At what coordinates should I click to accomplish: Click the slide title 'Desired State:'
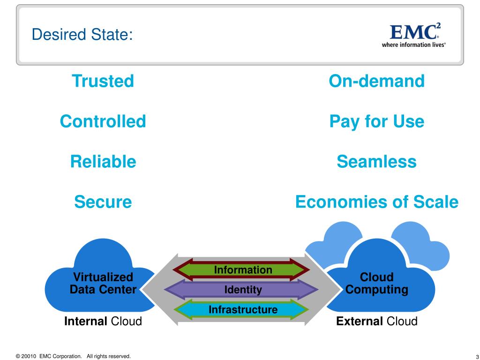pyautogui.click(x=82, y=34)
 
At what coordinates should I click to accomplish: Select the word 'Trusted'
pyautogui.click(x=103, y=81)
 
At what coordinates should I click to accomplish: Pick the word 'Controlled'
pyautogui.click(x=103, y=121)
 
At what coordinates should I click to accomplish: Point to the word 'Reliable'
pyautogui.click(x=103, y=162)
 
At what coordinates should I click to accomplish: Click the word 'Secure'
pyautogui.click(x=103, y=202)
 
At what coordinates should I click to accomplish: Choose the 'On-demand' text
pyautogui.click(x=376, y=81)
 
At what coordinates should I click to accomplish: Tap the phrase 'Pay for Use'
pyautogui.click(x=376, y=121)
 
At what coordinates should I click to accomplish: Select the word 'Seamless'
pyautogui.click(x=376, y=162)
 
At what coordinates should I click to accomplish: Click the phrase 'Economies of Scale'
pyautogui.click(x=376, y=202)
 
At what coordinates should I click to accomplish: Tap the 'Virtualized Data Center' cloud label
pyautogui.click(x=103, y=283)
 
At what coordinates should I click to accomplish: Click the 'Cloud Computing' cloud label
pyautogui.click(x=376, y=283)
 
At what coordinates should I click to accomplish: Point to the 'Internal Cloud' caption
pyautogui.click(x=103, y=322)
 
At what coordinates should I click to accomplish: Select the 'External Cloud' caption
pyautogui.click(x=376, y=322)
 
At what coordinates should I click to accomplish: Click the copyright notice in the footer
pyautogui.click(x=73, y=356)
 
